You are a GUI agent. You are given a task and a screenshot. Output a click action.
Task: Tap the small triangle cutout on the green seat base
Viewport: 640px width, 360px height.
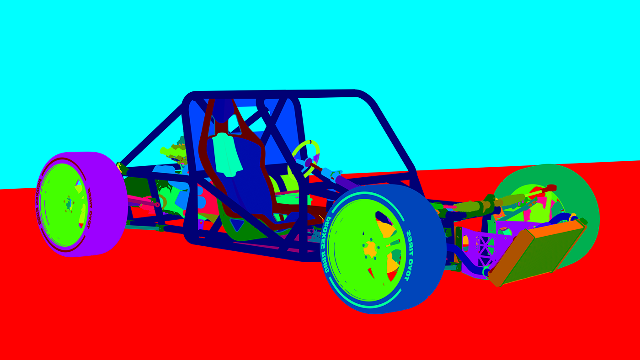(x=237, y=224)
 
